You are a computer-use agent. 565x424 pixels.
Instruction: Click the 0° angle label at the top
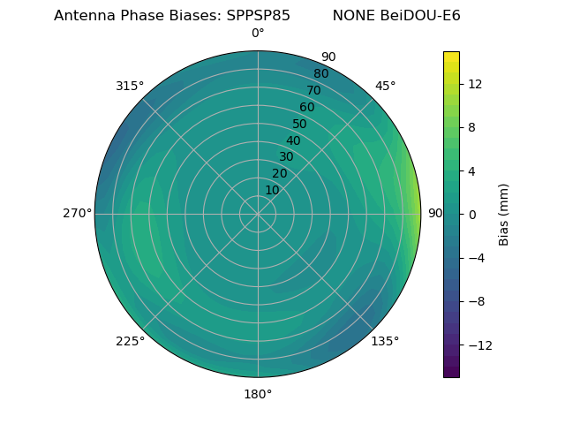[258, 34]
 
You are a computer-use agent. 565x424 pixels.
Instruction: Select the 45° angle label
[385, 86]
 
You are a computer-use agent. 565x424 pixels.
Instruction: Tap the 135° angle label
[385, 341]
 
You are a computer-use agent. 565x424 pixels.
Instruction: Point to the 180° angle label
[258, 394]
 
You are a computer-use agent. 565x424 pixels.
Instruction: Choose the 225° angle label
[130, 341]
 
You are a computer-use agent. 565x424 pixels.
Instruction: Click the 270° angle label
[77, 213]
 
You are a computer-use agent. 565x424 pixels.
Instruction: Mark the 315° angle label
[130, 86]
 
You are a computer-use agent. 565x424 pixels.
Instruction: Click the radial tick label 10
[272, 191]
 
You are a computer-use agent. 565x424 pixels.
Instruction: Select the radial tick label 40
[293, 141]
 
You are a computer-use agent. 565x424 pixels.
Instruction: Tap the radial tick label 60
[307, 108]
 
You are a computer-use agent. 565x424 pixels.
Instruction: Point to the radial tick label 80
[321, 74]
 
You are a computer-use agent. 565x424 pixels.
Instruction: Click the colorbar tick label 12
[474, 84]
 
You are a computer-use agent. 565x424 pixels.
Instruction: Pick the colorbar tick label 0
[471, 214]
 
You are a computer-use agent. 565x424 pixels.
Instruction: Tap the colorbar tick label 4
[471, 170]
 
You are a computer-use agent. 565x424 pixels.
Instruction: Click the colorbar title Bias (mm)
[504, 214]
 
